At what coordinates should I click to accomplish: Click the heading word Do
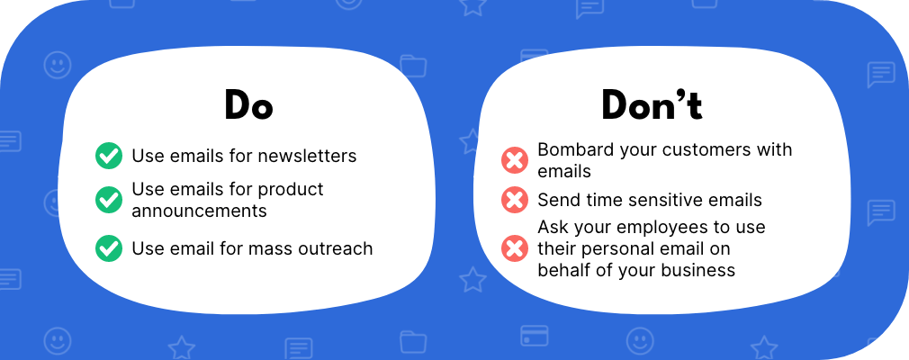(x=248, y=105)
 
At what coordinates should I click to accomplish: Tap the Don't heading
(x=652, y=105)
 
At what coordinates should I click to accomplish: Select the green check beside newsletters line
(x=109, y=156)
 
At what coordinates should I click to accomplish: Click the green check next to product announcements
(x=109, y=200)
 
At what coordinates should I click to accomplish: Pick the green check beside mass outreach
(x=109, y=248)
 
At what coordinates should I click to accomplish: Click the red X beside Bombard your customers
(x=514, y=160)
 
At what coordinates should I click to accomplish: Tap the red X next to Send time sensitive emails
(x=514, y=200)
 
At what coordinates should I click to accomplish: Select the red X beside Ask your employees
(x=514, y=248)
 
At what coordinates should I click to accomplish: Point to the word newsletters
(x=307, y=157)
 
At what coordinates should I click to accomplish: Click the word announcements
(x=199, y=211)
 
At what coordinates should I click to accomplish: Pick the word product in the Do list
(x=291, y=190)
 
